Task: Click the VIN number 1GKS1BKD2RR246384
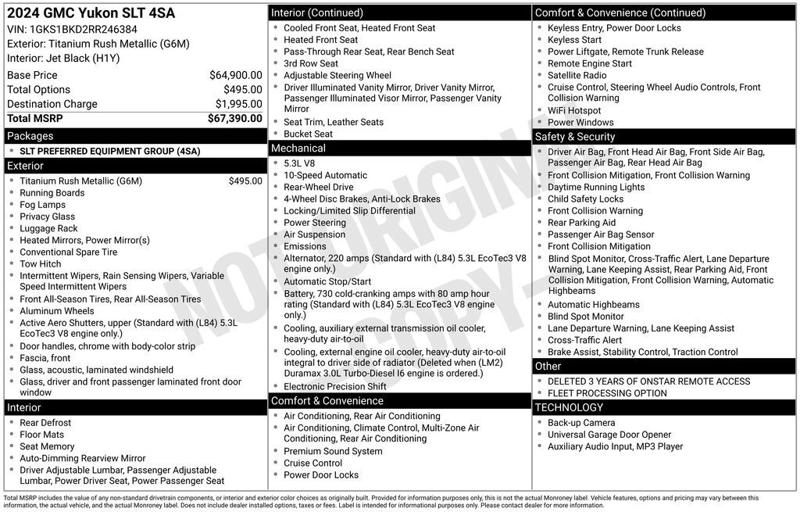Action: [77, 29]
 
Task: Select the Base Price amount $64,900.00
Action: [235, 75]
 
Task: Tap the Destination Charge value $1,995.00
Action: [238, 104]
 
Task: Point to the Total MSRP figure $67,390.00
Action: [234, 118]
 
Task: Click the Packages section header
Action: [30, 136]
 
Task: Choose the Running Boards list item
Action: [52, 193]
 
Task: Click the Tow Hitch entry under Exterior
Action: [41, 264]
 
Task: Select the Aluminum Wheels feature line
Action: [57, 311]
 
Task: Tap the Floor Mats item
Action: [42, 435]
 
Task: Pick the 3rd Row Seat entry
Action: [311, 63]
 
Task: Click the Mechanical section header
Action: [298, 149]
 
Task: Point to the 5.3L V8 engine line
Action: [299, 163]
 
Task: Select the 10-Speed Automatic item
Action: [325, 175]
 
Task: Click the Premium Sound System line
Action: [333, 451]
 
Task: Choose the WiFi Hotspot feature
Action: [574, 110]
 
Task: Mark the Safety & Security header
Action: [575, 137]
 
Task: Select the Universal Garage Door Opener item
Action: [609, 435]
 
